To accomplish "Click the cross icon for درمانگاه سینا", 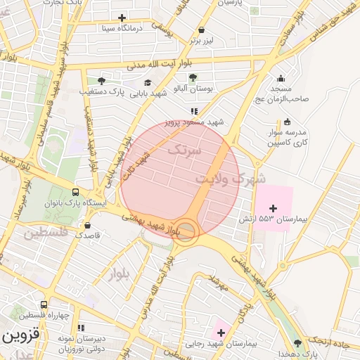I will click(x=122, y=18).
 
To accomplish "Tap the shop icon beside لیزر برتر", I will click(x=202, y=30).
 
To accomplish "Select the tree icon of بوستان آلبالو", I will click(x=193, y=77).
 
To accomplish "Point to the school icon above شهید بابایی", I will click(x=147, y=83).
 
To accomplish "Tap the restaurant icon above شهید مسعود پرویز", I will click(x=193, y=111).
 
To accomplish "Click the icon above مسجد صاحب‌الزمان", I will click(x=281, y=78).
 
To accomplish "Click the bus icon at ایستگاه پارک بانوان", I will click(x=75, y=192).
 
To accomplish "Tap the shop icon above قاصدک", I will click(x=87, y=226).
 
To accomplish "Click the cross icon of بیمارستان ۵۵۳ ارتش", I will click(x=273, y=208).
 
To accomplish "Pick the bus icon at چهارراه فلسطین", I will click(x=44, y=305).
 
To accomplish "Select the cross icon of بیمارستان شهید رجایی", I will click(x=221, y=332).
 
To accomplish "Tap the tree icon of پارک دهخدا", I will click(x=297, y=343).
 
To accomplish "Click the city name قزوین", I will click(x=17, y=335).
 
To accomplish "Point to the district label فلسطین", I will click(x=48, y=232).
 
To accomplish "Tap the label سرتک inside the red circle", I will click(x=185, y=150).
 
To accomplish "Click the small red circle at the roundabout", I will click(x=186, y=230).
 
